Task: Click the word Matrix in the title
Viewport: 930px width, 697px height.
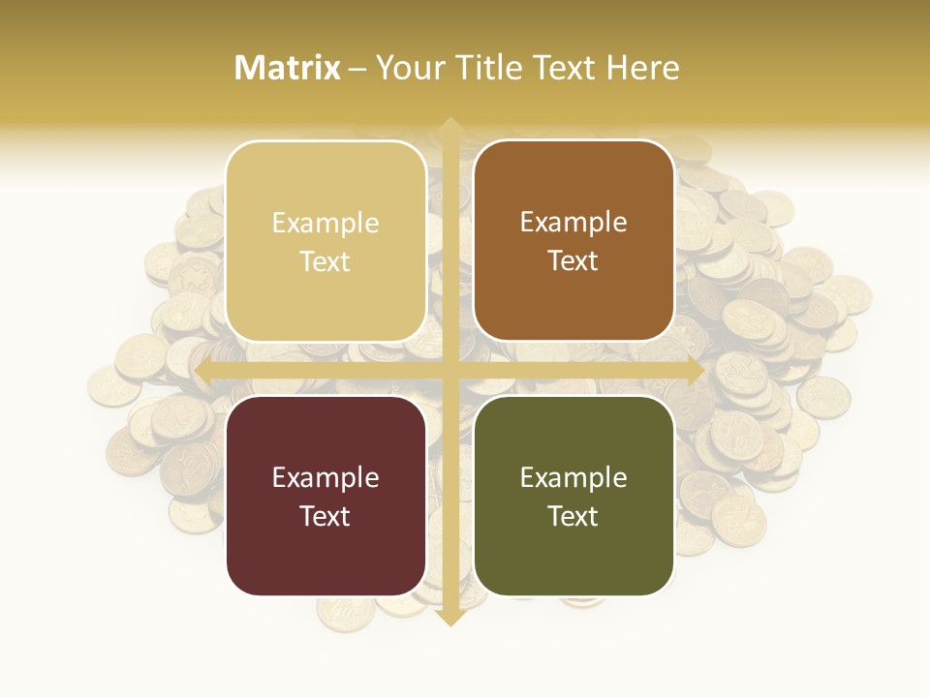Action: point(288,68)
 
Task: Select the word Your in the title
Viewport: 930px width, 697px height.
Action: point(408,68)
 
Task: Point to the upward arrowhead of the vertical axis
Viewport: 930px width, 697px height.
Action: point(449,127)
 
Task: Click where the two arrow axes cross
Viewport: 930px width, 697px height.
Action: point(449,371)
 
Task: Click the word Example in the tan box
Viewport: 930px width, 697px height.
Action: point(325,224)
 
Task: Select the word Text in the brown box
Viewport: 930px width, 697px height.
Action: point(573,261)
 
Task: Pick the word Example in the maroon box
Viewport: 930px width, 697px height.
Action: point(325,478)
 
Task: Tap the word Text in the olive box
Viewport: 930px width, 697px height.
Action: point(573,516)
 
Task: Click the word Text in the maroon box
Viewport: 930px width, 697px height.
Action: point(325,516)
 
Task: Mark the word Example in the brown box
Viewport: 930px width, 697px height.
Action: point(573,223)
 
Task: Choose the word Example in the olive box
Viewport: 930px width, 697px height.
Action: point(573,478)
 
